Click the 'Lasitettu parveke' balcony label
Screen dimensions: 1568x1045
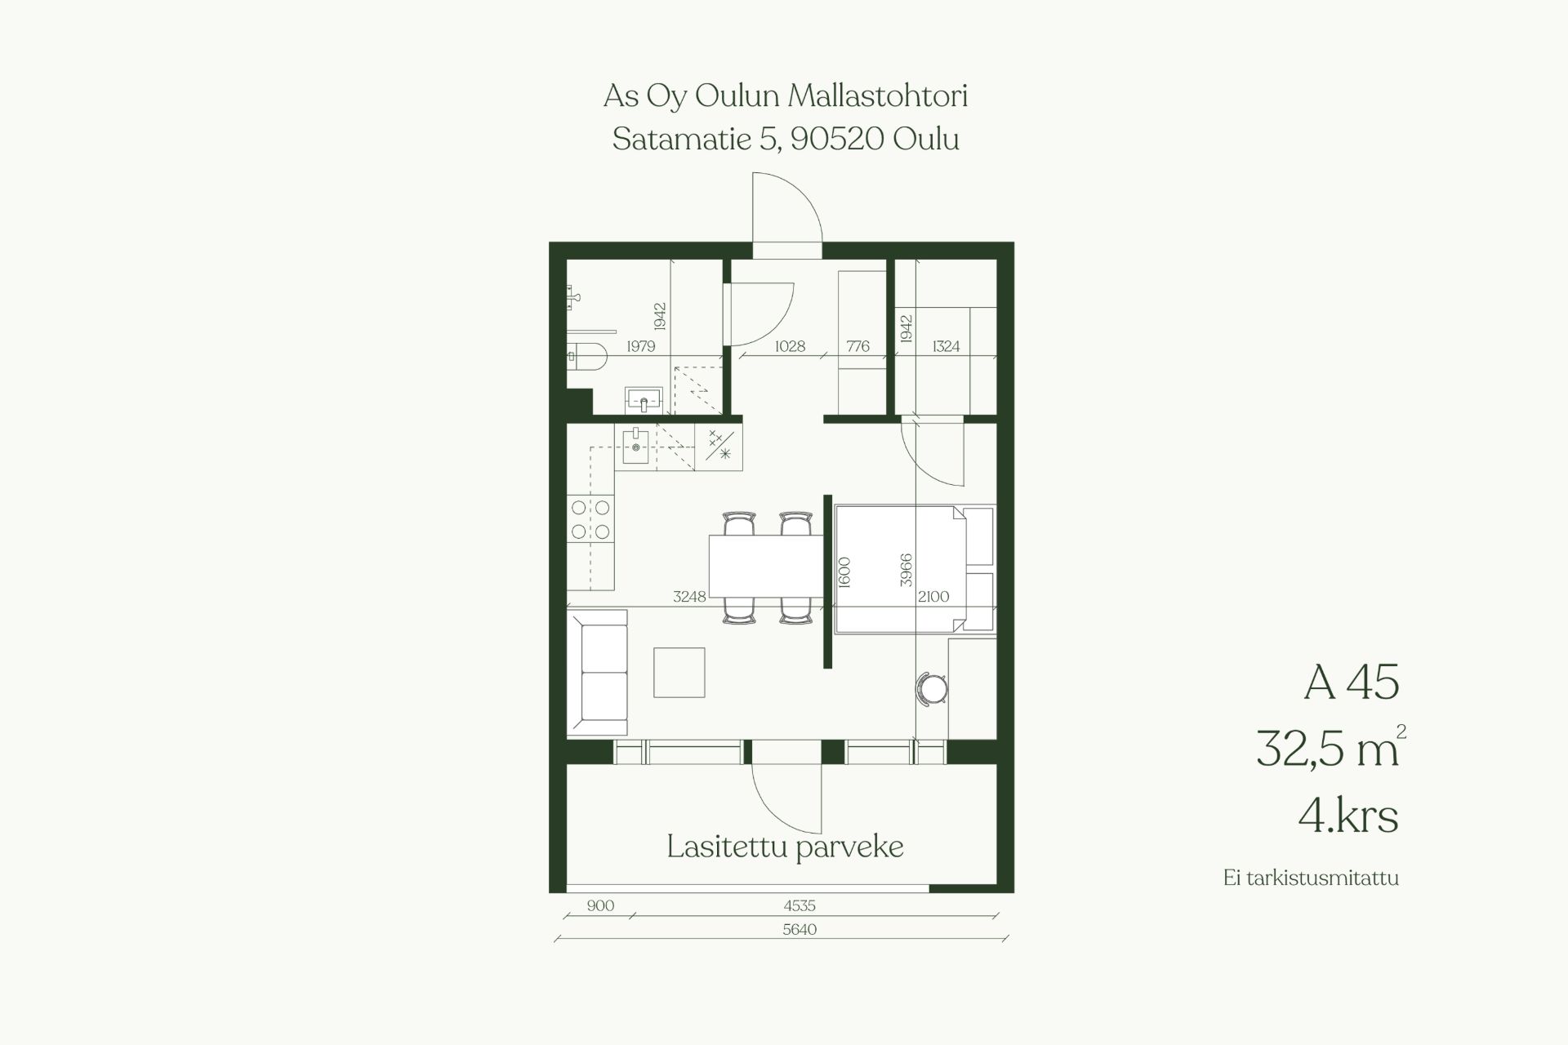click(x=785, y=847)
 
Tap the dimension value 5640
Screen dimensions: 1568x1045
click(x=800, y=929)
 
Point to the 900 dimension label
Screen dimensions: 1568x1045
click(x=600, y=905)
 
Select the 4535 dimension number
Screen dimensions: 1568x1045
click(x=800, y=905)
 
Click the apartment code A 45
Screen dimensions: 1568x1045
click(x=1352, y=682)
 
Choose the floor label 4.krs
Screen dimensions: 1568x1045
click(x=1348, y=815)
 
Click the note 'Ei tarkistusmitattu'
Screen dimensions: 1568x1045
click(x=1311, y=878)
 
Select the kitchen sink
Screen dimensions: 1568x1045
click(x=635, y=447)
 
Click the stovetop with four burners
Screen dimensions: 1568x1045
click(x=590, y=520)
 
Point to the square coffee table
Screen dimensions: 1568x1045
click(x=679, y=673)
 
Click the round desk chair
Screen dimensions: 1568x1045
click(x=932, y=688)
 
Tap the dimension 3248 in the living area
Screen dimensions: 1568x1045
click(x=689, y=597)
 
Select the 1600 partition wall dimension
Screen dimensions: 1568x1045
click(x=844, y=571)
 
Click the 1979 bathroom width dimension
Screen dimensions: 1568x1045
click(x=641, y=346)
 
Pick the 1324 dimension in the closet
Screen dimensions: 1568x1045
click(x=946, y=346)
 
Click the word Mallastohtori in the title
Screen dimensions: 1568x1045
click(x=878, y=96)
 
